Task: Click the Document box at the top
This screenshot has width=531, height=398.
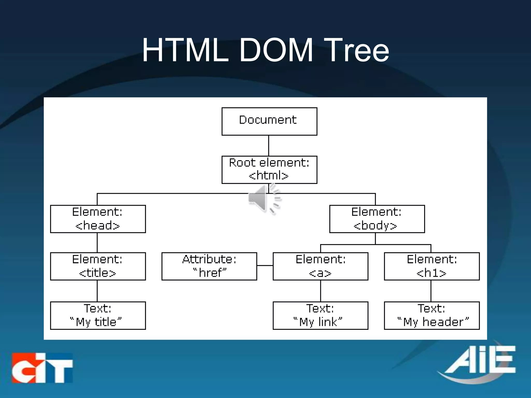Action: point(269,121)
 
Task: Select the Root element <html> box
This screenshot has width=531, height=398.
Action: point(269,170)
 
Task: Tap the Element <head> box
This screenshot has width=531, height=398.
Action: point(98,219)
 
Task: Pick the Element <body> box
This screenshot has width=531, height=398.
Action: point(377,219)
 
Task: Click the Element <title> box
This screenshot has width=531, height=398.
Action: point(98,266)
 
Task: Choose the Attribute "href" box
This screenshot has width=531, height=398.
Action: point(209,266)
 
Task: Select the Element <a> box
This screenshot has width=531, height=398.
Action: point(320,266)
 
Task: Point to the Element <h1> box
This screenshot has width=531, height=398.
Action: point(432,266)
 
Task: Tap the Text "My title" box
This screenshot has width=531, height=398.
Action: point(98,316)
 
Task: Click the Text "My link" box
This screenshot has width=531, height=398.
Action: point(320,316)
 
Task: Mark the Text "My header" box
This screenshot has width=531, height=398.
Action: point(432,316)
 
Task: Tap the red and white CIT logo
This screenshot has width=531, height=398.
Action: point(42,368)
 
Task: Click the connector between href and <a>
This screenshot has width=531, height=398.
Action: point(265,265)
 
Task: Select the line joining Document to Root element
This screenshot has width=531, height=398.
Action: point(269,146)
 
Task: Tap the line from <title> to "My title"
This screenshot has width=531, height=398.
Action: point(97,291)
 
